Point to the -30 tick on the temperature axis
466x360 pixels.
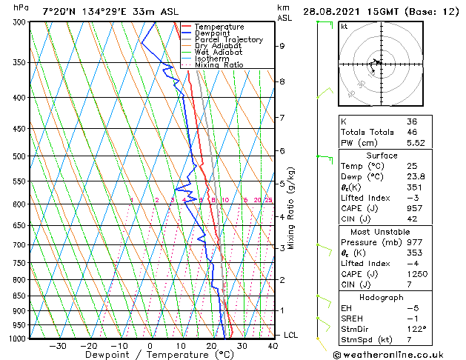[x=57, y=345]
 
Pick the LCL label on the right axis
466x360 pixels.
[x=290, y=335]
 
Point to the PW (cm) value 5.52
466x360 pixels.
[x=416, y=142]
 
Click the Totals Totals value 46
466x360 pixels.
[x=412, y=131]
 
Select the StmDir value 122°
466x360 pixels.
[x=416, y=329]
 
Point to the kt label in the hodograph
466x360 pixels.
[x=344, y=27]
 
